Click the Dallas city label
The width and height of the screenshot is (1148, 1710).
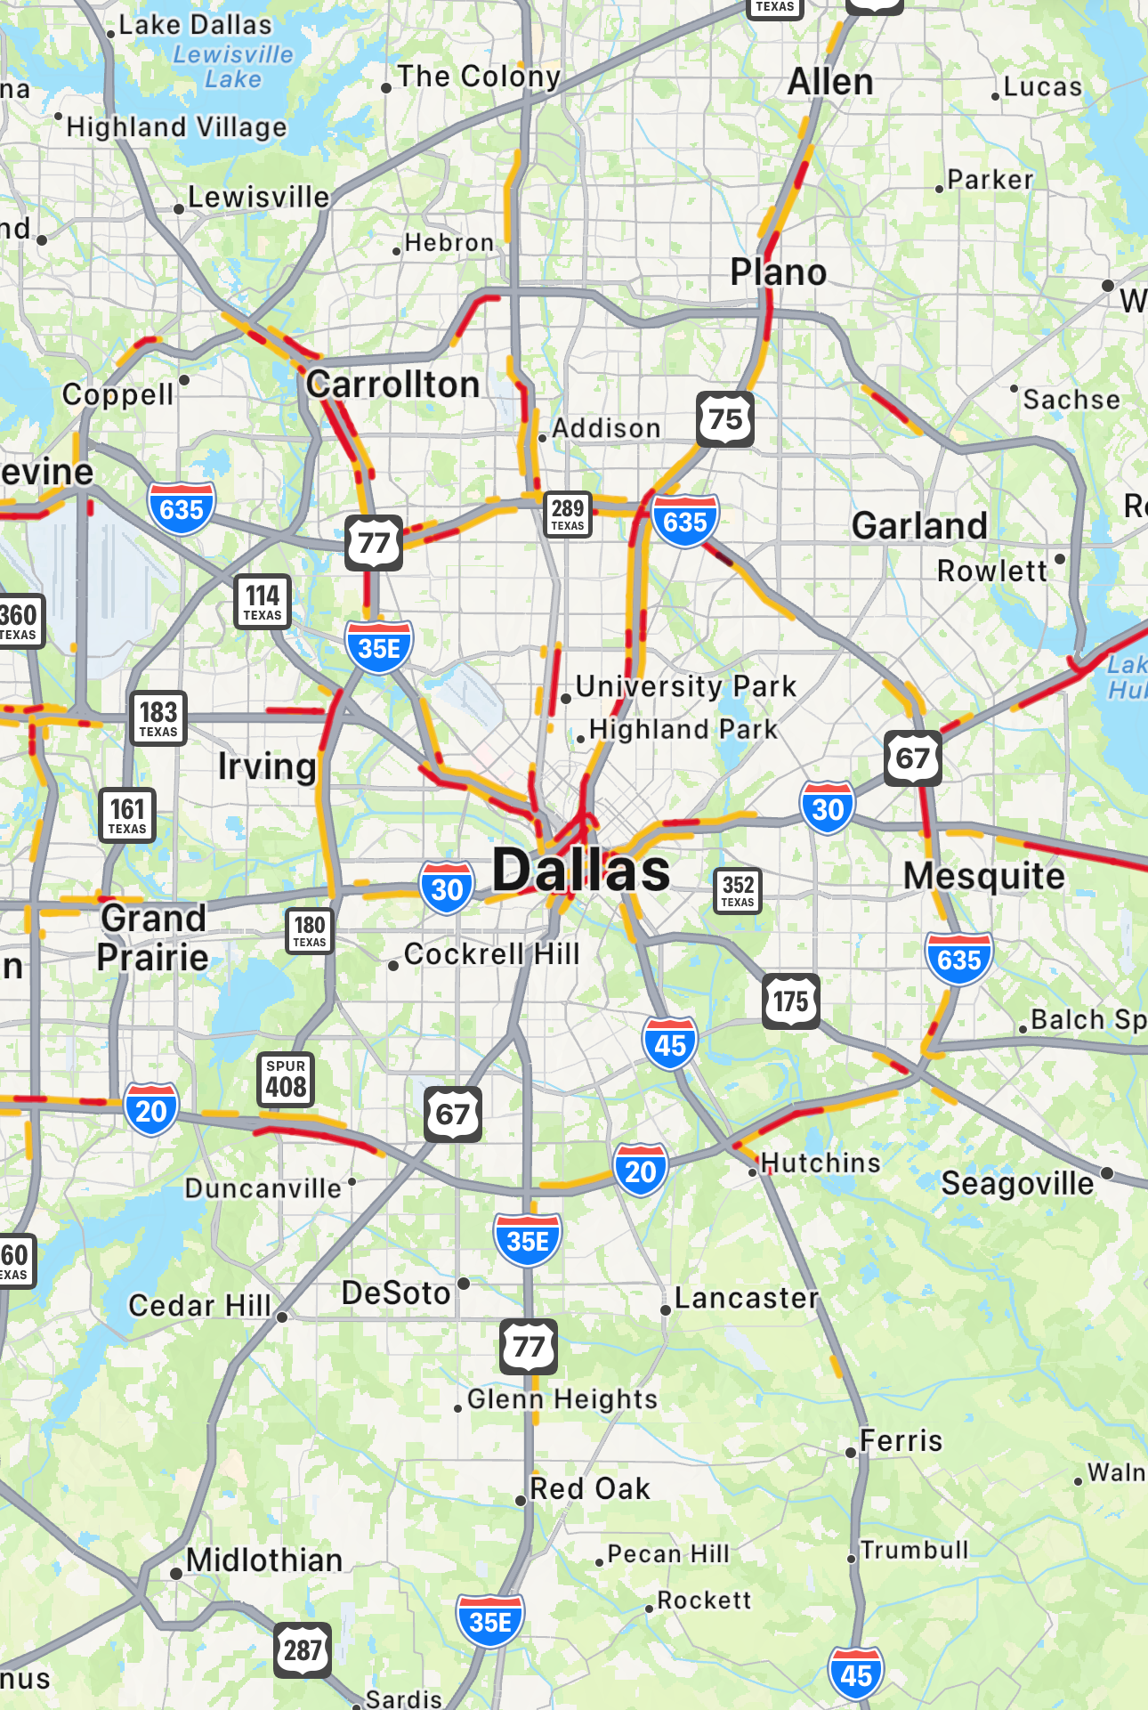[581, 870]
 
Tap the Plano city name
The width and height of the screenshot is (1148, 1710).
[778, 272]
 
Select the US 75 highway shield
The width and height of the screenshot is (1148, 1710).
[725, 418]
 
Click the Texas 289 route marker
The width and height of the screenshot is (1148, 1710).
[568, 514]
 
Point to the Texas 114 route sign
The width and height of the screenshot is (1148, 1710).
[263, 602]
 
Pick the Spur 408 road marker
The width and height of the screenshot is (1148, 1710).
[286, 1080]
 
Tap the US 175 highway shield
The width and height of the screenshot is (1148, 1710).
[791, 1001]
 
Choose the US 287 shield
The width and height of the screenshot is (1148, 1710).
[303, 1650]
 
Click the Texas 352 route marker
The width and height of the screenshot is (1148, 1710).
[738, 890]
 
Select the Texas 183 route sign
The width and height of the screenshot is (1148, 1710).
[158, 717]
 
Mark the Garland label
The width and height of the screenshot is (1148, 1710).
[919, 526]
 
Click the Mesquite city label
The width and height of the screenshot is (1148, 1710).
[983, 876]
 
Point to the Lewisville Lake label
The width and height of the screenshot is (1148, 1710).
[233, 67]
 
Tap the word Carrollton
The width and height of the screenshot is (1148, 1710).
[393, 385]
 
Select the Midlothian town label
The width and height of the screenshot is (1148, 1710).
[264, 1560]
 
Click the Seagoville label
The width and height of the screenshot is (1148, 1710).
[1017, 1183]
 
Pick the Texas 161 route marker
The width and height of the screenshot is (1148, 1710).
[127, 814]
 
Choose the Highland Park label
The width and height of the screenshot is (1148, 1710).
[683, 729]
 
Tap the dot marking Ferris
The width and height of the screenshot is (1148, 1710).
[851, 1453]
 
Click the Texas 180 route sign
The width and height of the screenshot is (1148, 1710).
[310, 930]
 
